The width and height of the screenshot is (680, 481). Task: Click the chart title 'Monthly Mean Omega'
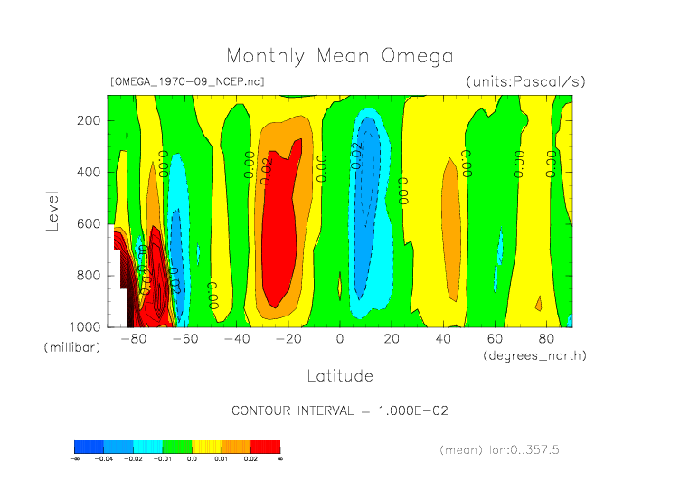pos(339,56)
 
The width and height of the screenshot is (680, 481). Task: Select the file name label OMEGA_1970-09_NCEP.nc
pos(186,81)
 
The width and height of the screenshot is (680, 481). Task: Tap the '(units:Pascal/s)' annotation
pos(526,81)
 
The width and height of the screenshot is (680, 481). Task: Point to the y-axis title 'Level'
pos(52,210)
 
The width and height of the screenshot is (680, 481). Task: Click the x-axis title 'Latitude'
pos(339,375)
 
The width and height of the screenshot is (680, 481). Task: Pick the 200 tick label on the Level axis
pos(88,120)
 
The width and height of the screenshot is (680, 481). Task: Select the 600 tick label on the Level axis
pos(88,223)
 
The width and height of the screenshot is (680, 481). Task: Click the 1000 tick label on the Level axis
pos(85,326)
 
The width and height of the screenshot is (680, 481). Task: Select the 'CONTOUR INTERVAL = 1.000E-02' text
pos(340,410)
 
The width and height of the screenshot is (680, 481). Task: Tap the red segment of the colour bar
pos(266,447)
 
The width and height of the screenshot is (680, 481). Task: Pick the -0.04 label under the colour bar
pos(103,459)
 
